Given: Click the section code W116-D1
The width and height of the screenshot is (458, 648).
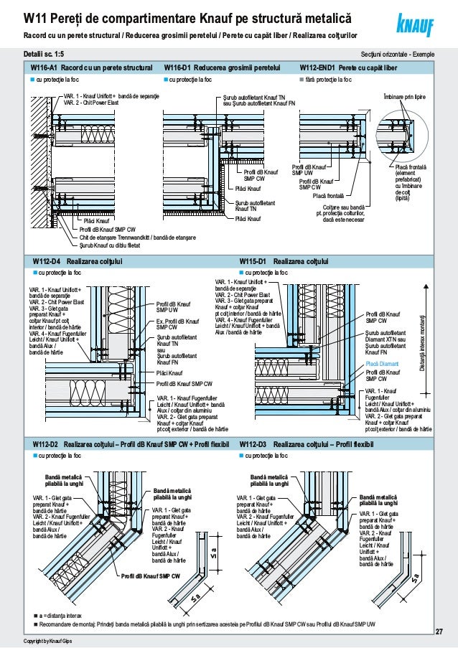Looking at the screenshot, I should tap(177, 67).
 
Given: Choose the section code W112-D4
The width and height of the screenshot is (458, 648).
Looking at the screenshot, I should tap(45, 262).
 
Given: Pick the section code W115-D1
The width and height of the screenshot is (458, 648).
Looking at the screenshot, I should tap(253, 262).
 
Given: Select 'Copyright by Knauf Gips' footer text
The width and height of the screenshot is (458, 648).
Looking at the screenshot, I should tap(47, 640).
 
